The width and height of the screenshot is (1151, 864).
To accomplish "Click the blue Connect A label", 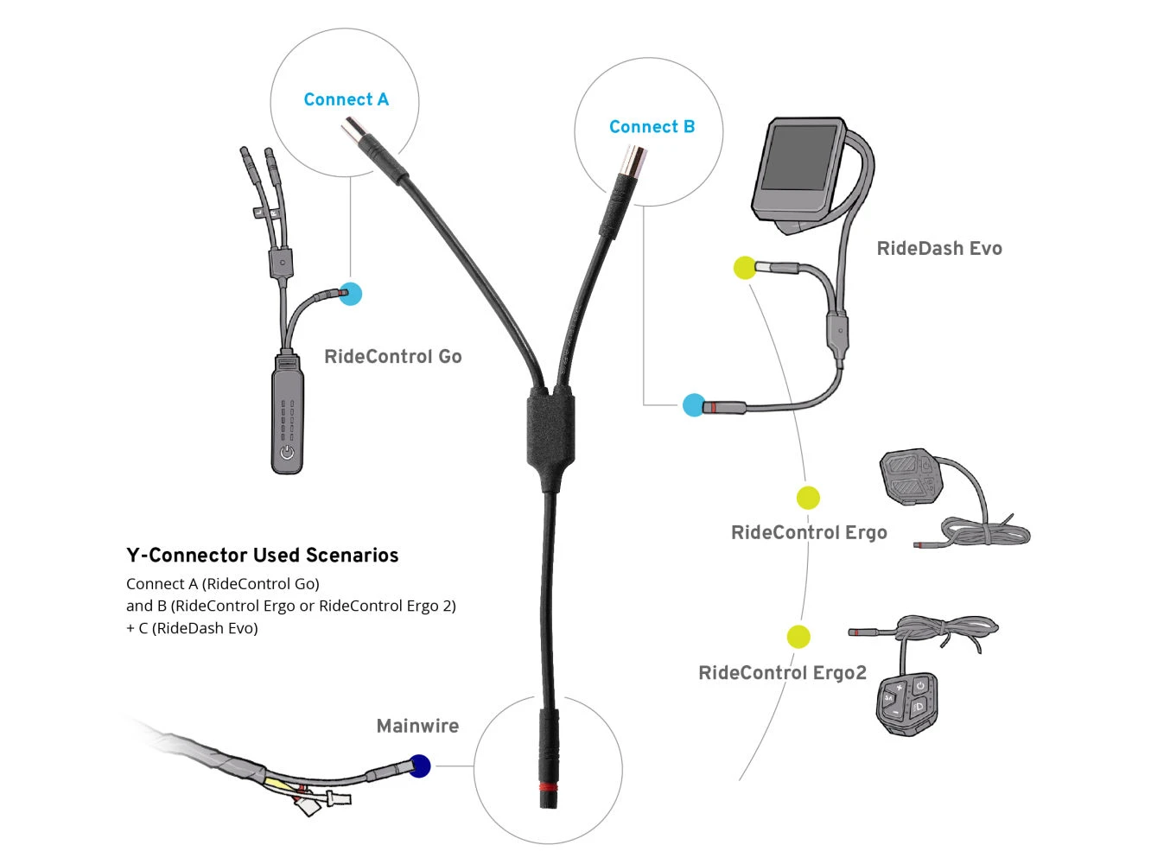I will tap(346, 99).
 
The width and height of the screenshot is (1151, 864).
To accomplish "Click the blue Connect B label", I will tap(652, 127).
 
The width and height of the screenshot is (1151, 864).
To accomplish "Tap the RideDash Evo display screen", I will tap(798, 158).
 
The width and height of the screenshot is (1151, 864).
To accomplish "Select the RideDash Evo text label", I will tap(939, 249).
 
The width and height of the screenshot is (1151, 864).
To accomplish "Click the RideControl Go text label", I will tap(392, 357).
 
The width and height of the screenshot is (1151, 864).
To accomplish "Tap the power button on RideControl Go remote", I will tap(287, 452).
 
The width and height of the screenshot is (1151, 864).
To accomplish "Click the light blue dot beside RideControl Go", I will tap(350, 294).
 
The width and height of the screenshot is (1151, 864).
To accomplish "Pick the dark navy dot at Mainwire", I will tap(419, 766).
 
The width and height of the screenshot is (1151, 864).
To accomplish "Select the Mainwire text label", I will tap(417, 727).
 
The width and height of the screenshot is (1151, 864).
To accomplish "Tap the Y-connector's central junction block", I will tap(550, 429).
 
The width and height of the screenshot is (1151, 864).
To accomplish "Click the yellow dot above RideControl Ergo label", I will tap(808, 498).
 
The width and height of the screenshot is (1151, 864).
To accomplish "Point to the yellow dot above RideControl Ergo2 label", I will tap(798, 637).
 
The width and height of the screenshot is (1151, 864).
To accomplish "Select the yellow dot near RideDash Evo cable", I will tap(744, 268).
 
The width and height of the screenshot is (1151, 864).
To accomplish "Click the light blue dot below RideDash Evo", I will tap(693, 404).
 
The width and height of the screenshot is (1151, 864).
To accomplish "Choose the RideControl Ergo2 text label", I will tap(782, 673).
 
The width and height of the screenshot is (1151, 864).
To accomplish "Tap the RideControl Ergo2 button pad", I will tap(906, 703).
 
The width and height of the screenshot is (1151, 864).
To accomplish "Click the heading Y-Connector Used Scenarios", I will tap(262, 556).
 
